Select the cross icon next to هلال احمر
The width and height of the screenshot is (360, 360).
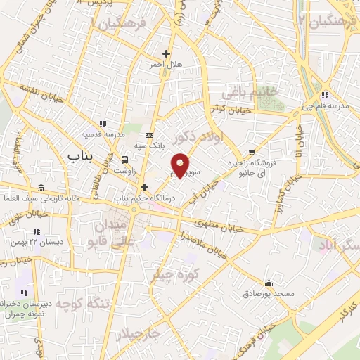pos(167,53)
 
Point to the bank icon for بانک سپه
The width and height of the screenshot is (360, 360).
pos(148,134)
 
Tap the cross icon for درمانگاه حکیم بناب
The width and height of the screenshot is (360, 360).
pos(145,187)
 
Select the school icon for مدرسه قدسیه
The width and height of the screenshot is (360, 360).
pos(103,124)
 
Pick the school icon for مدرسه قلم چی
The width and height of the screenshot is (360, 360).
pos(324,95)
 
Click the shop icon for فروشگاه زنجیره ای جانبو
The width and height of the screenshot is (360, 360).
pos(252,152)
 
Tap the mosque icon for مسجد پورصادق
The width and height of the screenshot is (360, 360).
pos(268,281)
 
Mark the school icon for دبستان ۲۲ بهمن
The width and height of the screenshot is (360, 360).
pos(36,231)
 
